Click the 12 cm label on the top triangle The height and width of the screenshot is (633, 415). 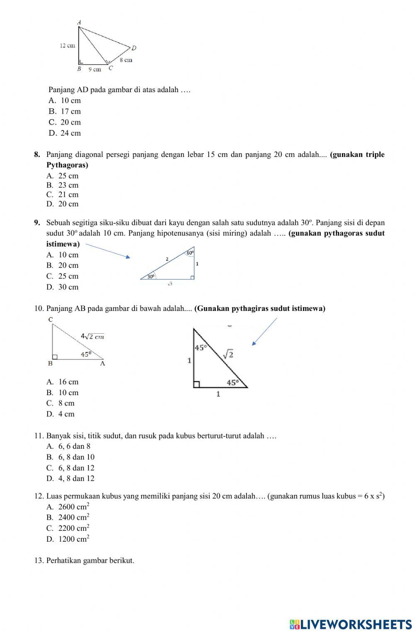coord(67,45)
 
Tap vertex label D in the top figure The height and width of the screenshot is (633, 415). coord(134,48)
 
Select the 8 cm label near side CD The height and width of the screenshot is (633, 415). coord(126,60)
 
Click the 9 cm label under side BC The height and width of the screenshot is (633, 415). coord(95,69)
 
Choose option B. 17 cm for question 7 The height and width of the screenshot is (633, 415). coord(65,111)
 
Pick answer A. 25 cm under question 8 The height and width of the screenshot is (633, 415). coord(63,176)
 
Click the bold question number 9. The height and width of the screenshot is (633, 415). coord(37,222)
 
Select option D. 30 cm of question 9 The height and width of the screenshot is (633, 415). coord(63,287)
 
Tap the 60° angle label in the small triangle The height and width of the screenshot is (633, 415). coord(190,252)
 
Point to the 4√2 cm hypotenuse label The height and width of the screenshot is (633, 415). coord(92,336)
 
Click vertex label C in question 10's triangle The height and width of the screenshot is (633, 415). coord(51,319)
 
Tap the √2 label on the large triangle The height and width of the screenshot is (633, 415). coord(228,354)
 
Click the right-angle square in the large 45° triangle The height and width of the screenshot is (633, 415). coord(197,384)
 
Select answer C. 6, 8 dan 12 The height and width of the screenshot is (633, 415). coord(71,468)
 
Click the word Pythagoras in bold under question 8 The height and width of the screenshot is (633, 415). coord(67,165)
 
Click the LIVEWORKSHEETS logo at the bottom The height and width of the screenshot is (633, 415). coord(351,624)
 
